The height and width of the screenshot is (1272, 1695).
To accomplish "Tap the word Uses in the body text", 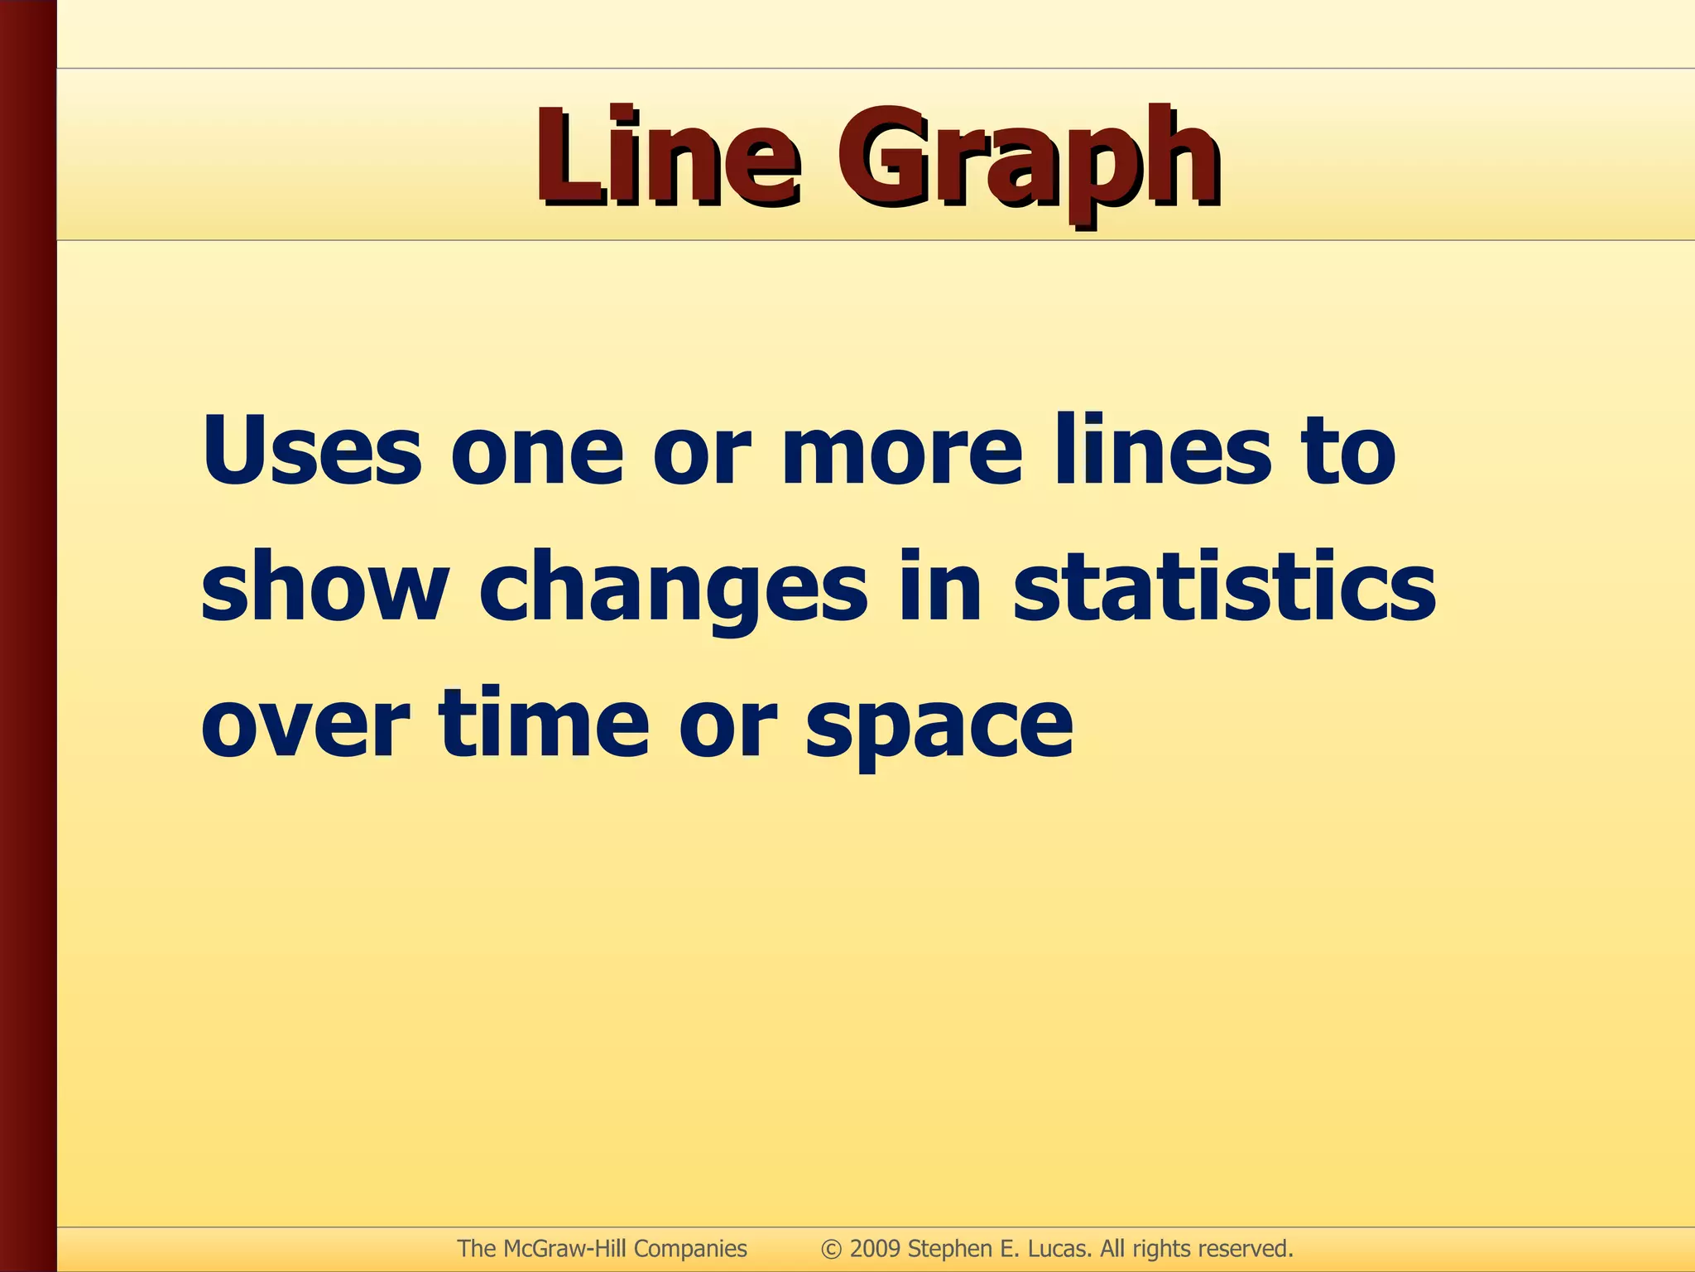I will [x=311, y=451].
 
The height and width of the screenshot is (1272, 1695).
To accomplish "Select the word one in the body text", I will [x=536, y=455].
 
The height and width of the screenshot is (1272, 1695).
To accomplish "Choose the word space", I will [x=939, y=729].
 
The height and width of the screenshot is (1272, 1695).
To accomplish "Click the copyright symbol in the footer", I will [x=832, y=1249].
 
